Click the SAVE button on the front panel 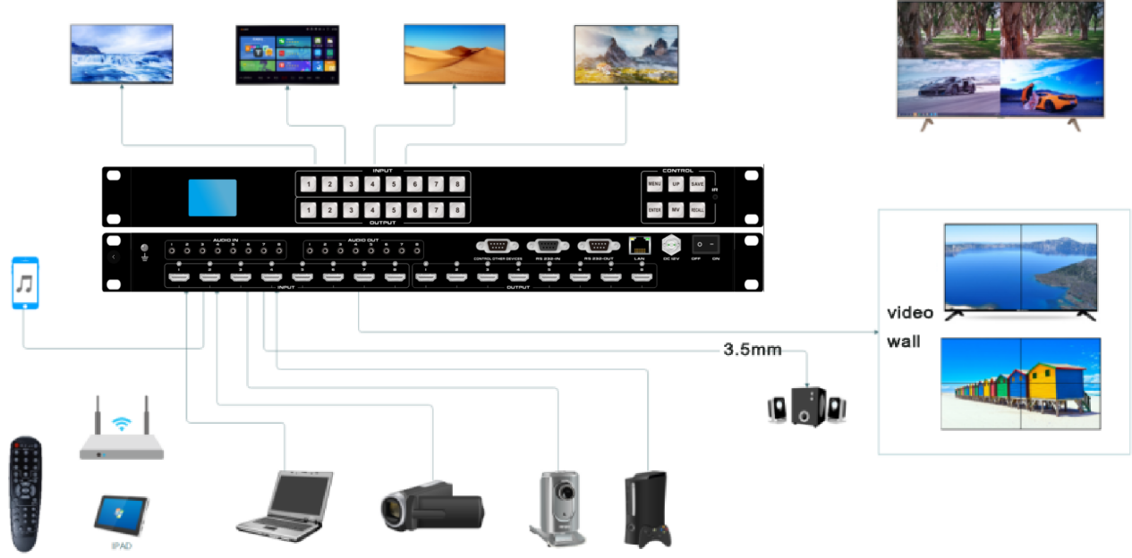click(698, 183)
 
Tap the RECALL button click(698, 211)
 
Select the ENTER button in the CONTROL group click(655, 211)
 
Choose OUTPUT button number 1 click(308, 211)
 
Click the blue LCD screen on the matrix click(212, 198)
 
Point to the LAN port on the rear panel click(639, 244)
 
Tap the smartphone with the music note click(25, 283)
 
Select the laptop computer click(284, 504)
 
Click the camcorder click(431, 506)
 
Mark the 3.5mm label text click(752, 349)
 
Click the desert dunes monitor click(455, 54)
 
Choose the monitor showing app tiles click(287, 55)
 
